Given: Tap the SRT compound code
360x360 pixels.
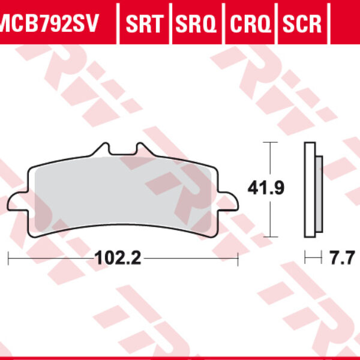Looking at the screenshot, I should tap(144, 24).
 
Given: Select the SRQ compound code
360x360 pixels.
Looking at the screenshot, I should tap(197, 24).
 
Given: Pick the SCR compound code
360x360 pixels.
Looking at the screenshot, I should tap(302, 24).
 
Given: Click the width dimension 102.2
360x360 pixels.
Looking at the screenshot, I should tap(118, 259).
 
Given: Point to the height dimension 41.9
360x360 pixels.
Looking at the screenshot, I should tap(262, 188).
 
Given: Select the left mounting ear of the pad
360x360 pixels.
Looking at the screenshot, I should tap(17, 203).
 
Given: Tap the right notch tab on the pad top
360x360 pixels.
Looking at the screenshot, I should tap(141, 148).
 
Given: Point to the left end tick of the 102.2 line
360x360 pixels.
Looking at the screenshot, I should tap(8, 259).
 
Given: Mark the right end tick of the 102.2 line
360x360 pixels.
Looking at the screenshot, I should tap(239, 259).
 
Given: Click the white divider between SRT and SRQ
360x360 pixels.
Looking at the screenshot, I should tap(170, 24).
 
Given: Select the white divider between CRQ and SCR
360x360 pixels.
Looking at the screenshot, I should tap(277, 24).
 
